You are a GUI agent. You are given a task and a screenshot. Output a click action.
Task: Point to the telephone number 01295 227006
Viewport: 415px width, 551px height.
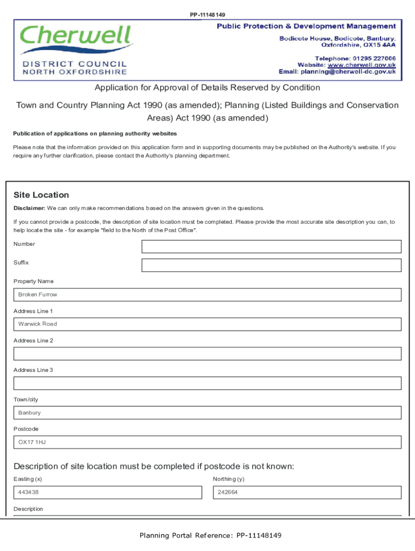(375, 58)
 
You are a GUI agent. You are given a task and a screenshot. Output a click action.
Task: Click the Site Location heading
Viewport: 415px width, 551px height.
(41, 195)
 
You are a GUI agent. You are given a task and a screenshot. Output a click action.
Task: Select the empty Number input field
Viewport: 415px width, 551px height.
(271, 246)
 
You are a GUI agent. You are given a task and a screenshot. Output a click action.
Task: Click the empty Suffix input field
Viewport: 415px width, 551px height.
(271, 265)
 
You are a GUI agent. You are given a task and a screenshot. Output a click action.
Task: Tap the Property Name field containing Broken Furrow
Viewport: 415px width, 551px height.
(207, 295)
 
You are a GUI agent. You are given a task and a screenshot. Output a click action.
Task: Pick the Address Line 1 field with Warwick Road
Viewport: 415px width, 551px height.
(207, 324)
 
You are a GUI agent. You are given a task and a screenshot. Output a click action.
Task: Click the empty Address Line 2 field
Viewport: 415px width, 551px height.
(207, 354)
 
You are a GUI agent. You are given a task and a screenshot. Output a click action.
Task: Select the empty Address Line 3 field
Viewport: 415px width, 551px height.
(207, 383)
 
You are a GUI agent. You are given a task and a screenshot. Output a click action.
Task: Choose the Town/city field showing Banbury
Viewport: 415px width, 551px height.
(207, 413)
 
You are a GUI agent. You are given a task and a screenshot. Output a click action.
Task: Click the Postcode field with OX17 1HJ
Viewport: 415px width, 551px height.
(207, 442)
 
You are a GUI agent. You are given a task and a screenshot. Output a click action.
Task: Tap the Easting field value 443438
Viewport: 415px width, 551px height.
(108, 492)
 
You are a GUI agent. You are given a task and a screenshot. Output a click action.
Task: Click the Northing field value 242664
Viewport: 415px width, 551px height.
(307, 492)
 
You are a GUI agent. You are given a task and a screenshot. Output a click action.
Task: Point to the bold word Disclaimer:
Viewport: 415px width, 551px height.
(29, 208)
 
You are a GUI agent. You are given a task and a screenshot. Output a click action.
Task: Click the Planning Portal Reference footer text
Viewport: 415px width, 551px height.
(210, 535)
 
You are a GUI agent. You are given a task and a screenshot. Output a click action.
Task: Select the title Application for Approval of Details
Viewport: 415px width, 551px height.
(207, 88)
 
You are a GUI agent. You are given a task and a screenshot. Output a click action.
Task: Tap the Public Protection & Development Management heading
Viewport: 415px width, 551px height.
(306, 26)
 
